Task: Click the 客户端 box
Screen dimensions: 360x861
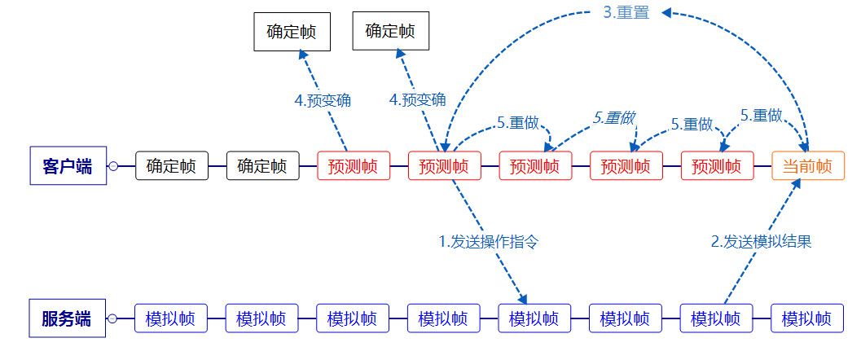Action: (68, 166)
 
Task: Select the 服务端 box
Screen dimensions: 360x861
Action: (68, 318)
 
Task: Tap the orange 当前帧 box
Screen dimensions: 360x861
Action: (807, 166)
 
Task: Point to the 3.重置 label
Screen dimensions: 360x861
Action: (626, 13)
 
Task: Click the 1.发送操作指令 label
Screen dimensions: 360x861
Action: (490, 241)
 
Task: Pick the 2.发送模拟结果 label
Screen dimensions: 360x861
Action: (761, 241)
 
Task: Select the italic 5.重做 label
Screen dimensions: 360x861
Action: (613, 117)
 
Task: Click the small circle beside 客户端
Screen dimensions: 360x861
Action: (114, 166)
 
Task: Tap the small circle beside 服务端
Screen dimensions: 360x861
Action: (114, 318)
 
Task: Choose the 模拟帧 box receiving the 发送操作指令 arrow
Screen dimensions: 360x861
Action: (534, 318)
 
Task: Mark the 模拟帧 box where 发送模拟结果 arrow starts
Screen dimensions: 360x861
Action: (716, 318)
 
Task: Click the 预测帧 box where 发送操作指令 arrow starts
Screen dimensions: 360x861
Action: (444, 166)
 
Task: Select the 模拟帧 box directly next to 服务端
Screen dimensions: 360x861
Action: (170, 318)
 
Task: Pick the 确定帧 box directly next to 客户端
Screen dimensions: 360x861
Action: (170, 166)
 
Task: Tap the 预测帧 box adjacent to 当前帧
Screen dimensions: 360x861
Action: (717, 166)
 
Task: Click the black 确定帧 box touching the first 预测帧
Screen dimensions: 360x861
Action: (261, 166)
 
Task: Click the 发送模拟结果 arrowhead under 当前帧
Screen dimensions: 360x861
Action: (797, 183)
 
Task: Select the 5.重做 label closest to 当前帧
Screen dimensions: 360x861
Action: (762, 116)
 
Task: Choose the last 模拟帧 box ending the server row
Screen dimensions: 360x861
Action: (807, 318)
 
